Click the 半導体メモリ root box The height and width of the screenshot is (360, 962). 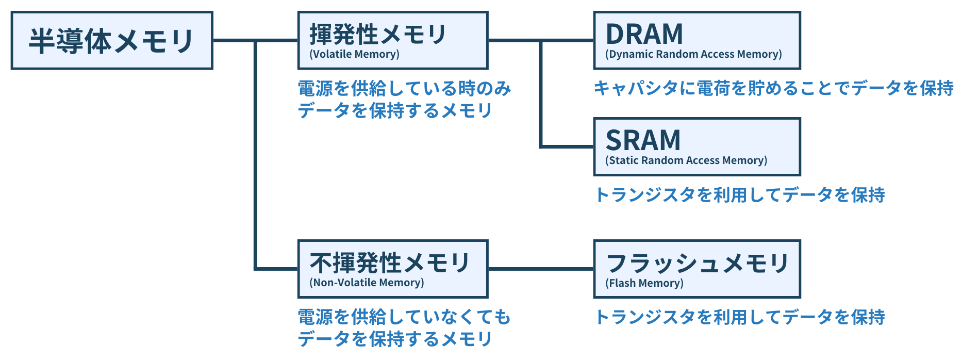(x=112, y=40)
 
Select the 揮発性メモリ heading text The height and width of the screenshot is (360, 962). (x=378, y=34)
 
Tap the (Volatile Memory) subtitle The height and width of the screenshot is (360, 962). (x=354, y=54)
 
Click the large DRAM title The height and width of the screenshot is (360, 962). (x=644, y=34)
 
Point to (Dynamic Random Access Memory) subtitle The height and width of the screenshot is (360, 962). (x=693, y=54)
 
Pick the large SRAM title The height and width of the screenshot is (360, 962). (x=643, y=140)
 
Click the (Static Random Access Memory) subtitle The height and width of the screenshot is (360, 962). (x=686, y=160)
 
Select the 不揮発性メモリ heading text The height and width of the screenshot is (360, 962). (x=390, y=263)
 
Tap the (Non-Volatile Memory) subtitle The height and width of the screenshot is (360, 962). (x=367, y=283)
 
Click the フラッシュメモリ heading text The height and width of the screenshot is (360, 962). (x=698, y=263)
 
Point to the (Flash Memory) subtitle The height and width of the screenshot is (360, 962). (x=644, y=283)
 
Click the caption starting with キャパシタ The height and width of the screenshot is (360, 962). (x=774, y=88)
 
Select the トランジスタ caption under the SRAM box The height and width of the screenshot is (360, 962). (x=740, y=194)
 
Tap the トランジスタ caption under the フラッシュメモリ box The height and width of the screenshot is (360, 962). (x=740, y=317)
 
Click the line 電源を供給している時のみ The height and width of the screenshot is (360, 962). (x=405, y=88)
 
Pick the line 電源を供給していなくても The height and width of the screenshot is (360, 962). (x=405, y=317)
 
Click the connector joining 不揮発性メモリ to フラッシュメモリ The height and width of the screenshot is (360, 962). (x=541, y=269)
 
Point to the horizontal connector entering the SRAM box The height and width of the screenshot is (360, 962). (x=567, y=146)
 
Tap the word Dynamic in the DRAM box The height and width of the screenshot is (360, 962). (x=631, y=54)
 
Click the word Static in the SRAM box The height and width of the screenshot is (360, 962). (x=624, y=160)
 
